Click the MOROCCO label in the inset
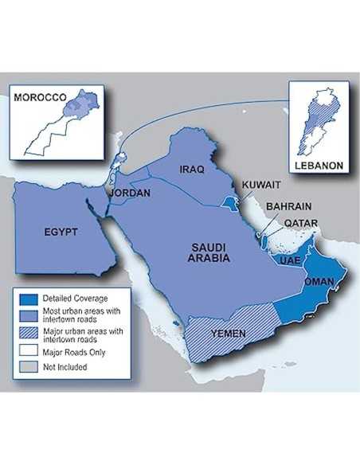pyautogui.click(x=39, y=96)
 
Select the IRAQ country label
pyautogui.click(x=193, y=170)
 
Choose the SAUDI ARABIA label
pyautogui.click(x=209, y=252)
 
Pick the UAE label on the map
pyautogui.click(x=288, y=260)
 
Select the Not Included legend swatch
pyautogui.click(x=25, y=367)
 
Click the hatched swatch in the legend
pyautogui.click(x=25, y=334)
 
